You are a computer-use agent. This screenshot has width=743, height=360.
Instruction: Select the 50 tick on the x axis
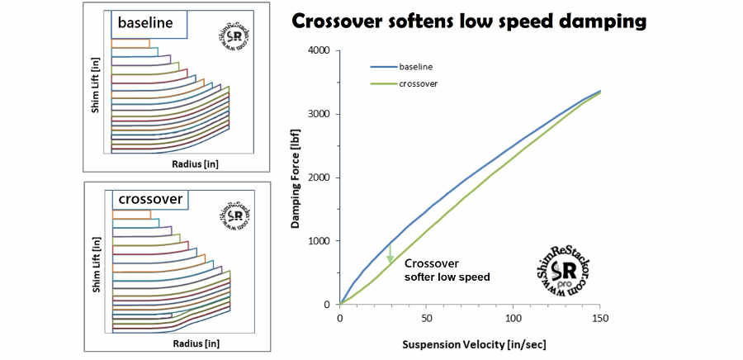click(x=427, y=318)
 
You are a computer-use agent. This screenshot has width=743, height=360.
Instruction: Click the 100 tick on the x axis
click(x=513, y=318)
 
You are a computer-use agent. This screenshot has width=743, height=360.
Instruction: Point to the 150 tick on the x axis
click(x=600, y=318)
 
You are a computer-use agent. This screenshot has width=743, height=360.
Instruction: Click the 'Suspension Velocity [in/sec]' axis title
click(x=470, y=343)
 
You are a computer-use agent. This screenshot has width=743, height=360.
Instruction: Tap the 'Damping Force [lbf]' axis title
click(x=295, y=178)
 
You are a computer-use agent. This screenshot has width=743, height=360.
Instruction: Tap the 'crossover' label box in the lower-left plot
click(x=152, y=198)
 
